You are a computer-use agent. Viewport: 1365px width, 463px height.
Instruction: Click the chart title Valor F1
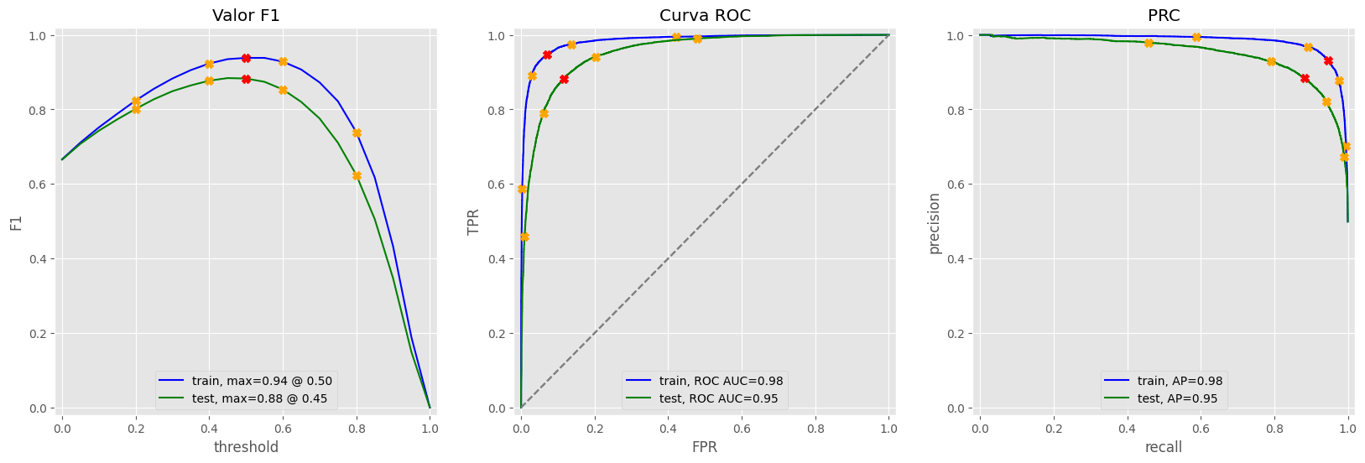click(246, 15)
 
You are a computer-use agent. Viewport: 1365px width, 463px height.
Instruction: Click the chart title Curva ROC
click(705, 15)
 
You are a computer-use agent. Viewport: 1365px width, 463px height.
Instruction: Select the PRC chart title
click(1163, 15)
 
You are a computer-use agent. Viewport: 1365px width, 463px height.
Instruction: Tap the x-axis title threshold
click(246, 447)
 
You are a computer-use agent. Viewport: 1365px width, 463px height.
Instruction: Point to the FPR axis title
click(705, 447)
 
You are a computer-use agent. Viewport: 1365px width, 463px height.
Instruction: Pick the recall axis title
click(1163, 447)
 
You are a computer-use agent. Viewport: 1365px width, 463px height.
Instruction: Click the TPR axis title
click(475, 221)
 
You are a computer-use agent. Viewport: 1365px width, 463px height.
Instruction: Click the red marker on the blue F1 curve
click(246, 58)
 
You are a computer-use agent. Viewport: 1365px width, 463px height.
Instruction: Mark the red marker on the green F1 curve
click(246, 79)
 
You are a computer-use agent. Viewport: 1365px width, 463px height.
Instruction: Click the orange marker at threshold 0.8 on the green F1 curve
click(357, 175)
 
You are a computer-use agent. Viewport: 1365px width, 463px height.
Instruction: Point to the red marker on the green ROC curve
click(564, 79)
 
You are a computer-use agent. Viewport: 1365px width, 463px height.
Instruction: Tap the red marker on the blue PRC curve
click(1328, 60)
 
